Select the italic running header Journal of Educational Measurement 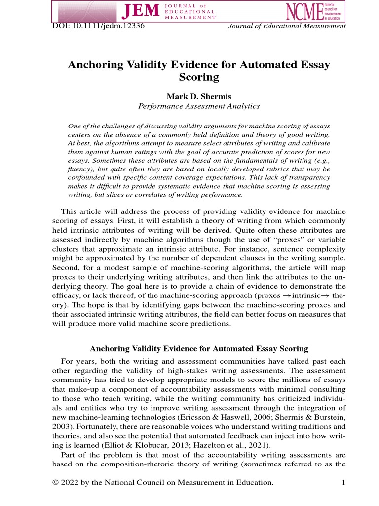[x=287, y=26]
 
